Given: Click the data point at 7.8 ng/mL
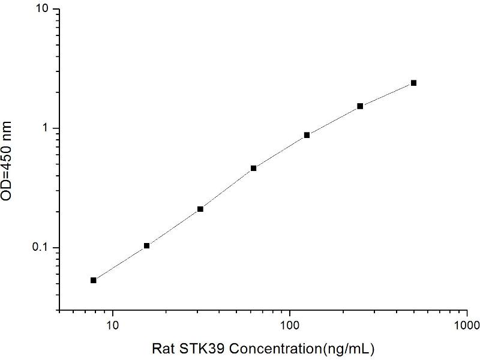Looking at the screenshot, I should [94, 280].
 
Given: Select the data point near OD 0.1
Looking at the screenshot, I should [146, 245].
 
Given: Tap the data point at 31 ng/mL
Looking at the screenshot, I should [200, 209].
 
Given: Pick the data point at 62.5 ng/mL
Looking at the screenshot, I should [254, 168].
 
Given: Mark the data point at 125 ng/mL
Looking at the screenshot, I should [307, 135].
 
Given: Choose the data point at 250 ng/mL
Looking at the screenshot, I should [360, 106].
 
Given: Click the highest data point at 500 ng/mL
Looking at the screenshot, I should [413, 83].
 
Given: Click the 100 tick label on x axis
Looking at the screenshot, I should [290, 326].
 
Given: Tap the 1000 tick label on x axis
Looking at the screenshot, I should [467, 326].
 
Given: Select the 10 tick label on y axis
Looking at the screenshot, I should [44, 10].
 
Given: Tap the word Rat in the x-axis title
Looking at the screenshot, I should [161, 348].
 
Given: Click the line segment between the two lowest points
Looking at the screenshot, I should [120, 263].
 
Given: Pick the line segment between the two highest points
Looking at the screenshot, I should [387, 94].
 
